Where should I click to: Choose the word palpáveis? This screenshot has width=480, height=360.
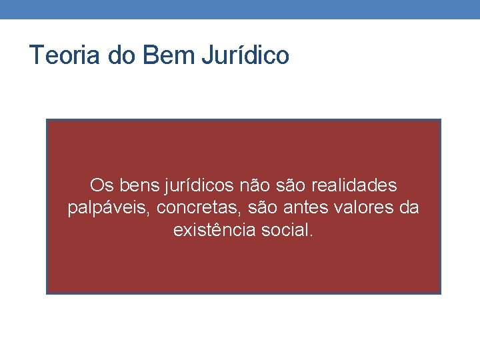point(109,208)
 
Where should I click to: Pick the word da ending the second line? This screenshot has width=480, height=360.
point(408,208)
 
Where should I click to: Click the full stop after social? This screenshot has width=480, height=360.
point(309,236)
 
